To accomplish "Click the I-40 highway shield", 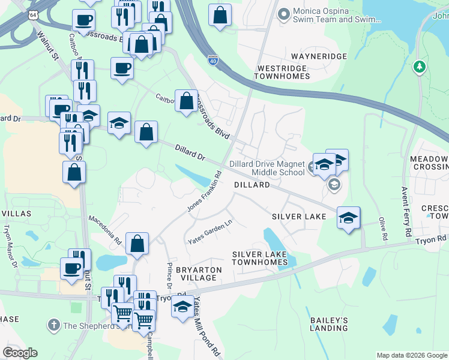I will coord(213,60).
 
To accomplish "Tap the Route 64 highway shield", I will coord(37,14).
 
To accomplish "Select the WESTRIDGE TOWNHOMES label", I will coord(283,73).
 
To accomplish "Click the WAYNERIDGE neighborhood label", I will coord(319,56).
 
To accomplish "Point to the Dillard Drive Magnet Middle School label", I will coord(270,168).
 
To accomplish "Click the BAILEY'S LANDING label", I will coord(328,324).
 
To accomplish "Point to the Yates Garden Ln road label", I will coord(210,232).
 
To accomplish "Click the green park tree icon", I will coord(420,67).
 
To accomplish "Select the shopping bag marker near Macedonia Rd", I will coord(137,244).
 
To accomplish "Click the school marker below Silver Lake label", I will coord(348,218).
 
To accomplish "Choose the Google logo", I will coord(20,353).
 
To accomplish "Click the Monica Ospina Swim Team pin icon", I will coord(283,12).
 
